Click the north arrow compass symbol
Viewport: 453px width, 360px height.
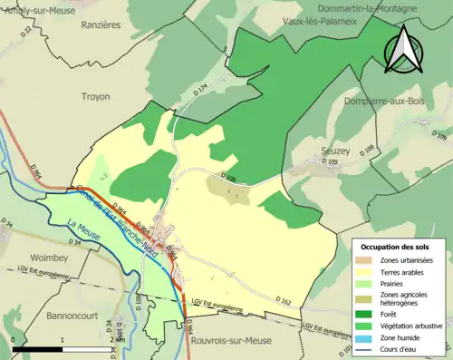(x=404, y=49)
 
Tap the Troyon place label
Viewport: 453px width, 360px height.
(x=95, y=96)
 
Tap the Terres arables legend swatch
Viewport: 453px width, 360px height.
(x=371, y=271)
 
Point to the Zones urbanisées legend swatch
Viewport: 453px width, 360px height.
(x=371, y=259)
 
